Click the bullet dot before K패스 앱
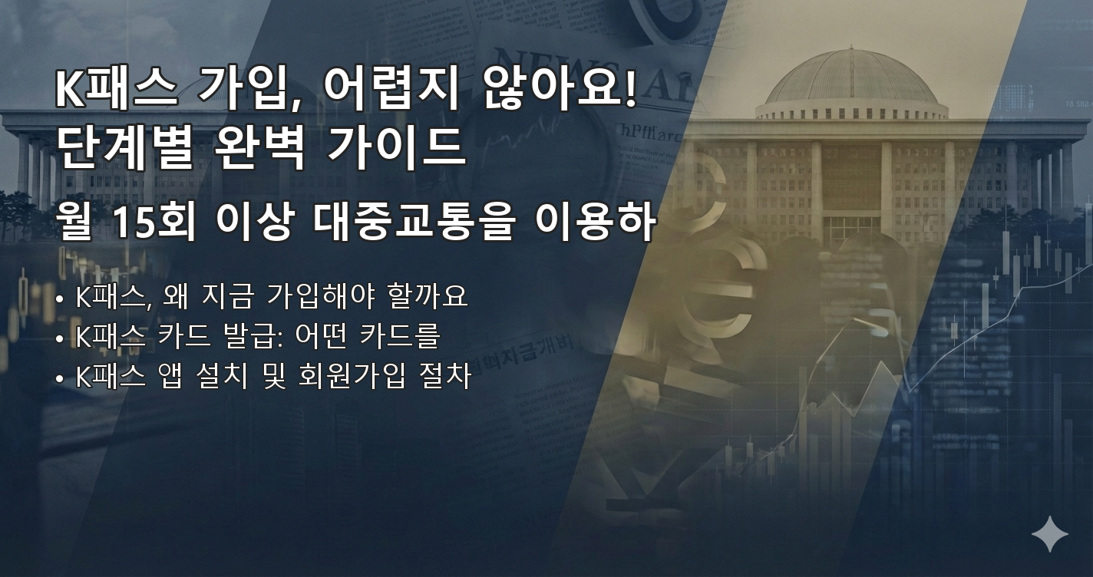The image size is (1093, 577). [60, 378]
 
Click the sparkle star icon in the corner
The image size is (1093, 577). [1049, 534]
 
